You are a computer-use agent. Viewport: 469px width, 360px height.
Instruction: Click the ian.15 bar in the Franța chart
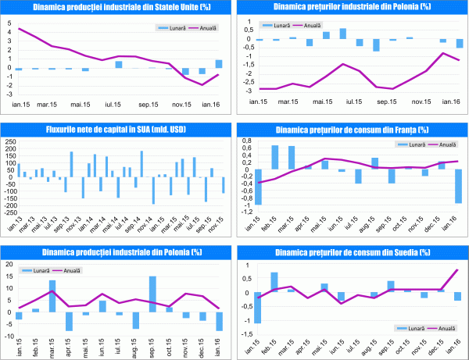click(x=258, y=187)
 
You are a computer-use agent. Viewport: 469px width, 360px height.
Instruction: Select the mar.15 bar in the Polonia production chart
click(x=52, y=295)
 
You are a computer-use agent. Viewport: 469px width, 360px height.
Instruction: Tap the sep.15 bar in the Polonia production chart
click(x=152, y=294)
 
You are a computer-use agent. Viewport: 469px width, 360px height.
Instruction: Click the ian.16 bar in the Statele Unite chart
click(x=219, y=64)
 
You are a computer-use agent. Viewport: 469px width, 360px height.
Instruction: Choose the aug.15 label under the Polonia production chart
click(x=135, y=346)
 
